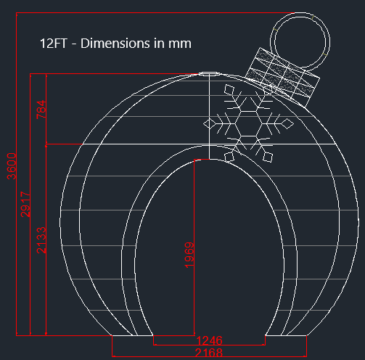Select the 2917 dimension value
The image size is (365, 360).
pyautogui.click(x=25, y=205)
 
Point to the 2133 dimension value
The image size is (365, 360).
pyautogui.click(x=41, y=240)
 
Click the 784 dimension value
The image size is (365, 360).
pyautogui.click(x=41, y=110)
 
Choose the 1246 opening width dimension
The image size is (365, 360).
pyautogui.click(x=209, y=340)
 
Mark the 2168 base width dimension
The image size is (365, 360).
pyautogui.click(x=209, y=351)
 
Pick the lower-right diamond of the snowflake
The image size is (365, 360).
pyautogui.click(x=266, y=155)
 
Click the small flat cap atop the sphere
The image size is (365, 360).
pyautogui.click(x=208, y=72)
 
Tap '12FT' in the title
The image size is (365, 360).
pyautogui.click(x=52, y=44)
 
